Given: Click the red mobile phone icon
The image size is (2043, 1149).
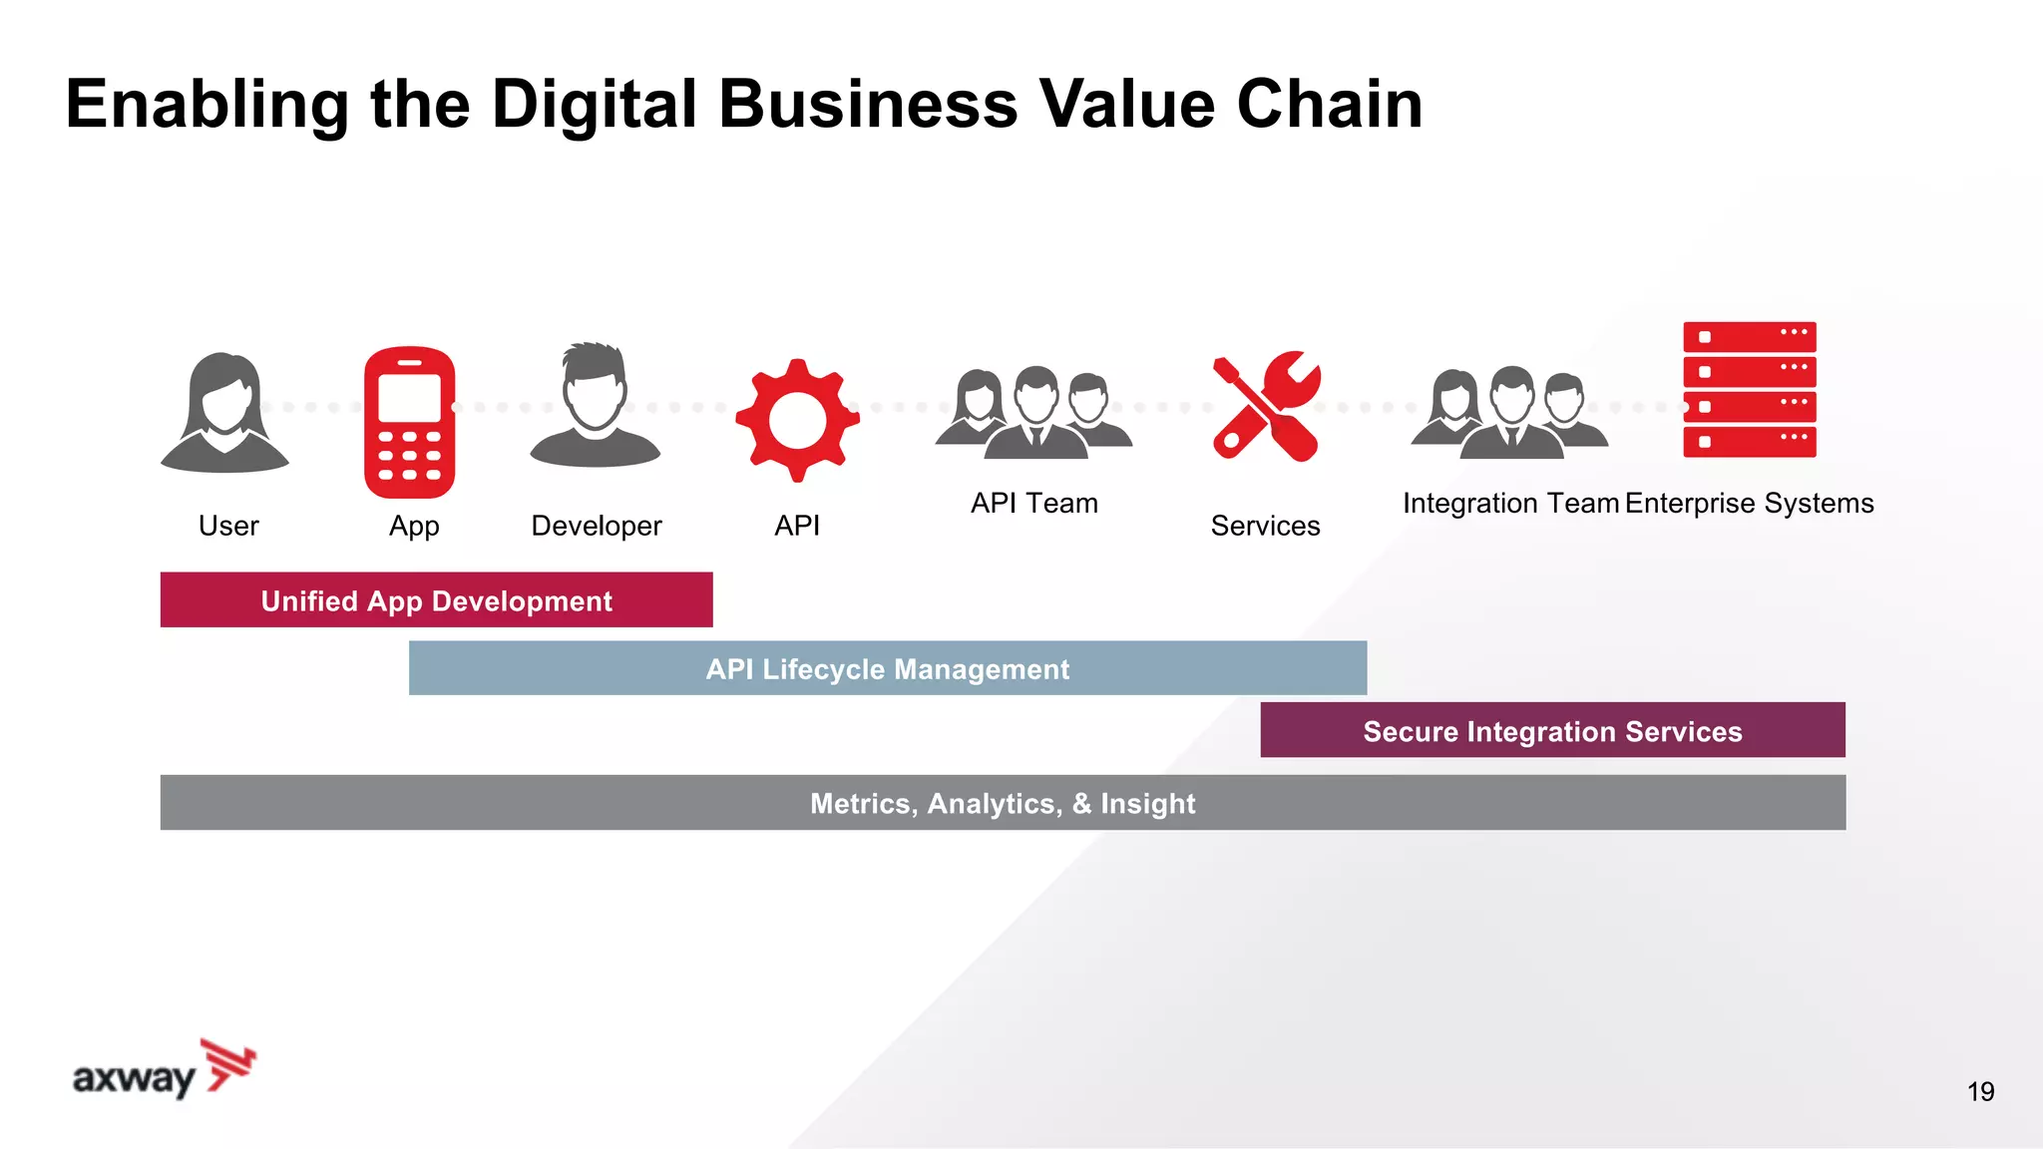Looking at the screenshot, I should [x=409, y=422].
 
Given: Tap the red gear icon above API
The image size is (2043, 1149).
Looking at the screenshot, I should [x=797, y=420].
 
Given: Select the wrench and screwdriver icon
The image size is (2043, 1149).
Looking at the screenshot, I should [x=1266, y=406].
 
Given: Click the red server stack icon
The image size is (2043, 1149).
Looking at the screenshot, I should [x=1749, y=390].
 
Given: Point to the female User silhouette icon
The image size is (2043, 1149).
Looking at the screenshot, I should [x=225, y=412].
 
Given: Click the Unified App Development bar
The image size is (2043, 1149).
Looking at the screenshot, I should [x=436, y=600].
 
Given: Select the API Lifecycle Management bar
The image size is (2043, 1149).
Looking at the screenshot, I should [x=887, y=668].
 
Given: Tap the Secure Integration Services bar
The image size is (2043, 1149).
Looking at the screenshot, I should [x=1552, y=731].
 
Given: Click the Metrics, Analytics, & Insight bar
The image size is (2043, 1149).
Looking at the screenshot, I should [x=1002, y=803].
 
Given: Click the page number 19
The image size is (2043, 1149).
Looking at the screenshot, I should [x=1980, y=1092].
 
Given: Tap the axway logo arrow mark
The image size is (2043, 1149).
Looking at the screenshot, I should [x=229, y=1064].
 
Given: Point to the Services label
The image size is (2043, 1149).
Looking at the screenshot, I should [x=1265, y=526].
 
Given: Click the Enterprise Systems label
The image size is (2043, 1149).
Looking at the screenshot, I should [x=1749, y=504].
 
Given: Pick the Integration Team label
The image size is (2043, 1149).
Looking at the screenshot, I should [x=1510, y=504].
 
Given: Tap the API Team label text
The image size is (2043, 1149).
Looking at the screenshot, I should [x=1033, y=504].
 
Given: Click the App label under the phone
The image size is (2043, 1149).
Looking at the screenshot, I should [x=414, y=527].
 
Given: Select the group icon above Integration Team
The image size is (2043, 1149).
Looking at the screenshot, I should [x=1509, y=412].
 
